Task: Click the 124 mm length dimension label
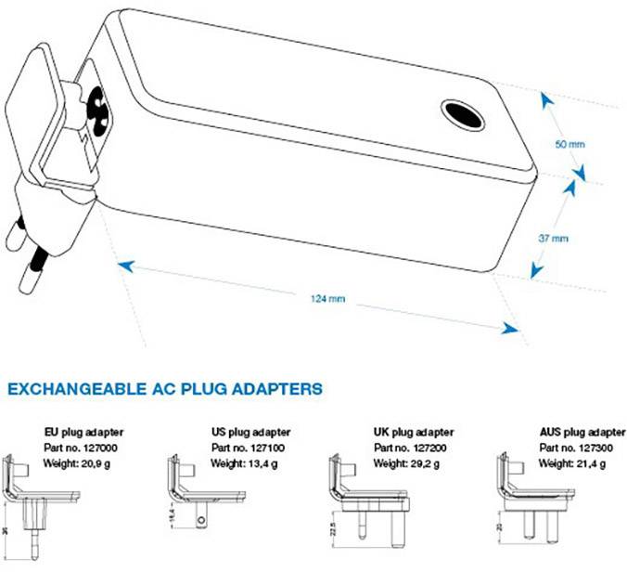328,298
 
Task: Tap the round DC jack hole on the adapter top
461,115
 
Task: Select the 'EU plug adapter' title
84,432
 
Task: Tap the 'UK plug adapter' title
414,432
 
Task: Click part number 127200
433,448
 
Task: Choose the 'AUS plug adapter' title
582,432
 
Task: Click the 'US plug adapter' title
251,432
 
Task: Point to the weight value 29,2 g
433,463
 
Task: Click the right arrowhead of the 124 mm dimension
509,329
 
